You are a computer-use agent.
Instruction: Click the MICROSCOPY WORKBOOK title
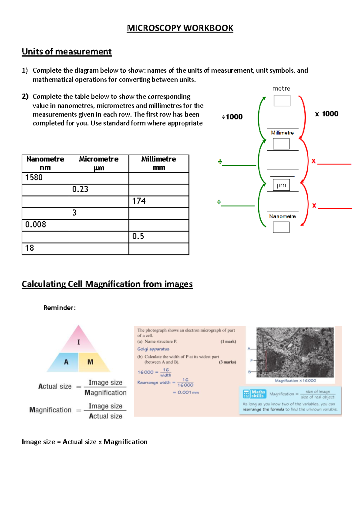(180, 28)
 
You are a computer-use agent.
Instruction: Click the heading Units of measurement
(67, 52)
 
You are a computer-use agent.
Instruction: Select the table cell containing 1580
(45, 178)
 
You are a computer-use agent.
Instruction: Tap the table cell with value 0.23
(99, 189)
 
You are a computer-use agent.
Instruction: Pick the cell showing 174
(159, 201)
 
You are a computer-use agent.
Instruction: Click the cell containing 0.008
(45, 224)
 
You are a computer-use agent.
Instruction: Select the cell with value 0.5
(159, 236)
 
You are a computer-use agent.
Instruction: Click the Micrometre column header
(99, 163)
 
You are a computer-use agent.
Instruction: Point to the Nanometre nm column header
(45, 163)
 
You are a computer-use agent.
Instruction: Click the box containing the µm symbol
(281, 185)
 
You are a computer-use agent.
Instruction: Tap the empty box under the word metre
(282, 101)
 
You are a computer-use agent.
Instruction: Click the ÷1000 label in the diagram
(232, 117)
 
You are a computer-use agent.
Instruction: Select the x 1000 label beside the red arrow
(326, 114)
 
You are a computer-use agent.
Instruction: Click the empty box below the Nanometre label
(281, 227)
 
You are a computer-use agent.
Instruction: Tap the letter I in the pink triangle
(79, 342)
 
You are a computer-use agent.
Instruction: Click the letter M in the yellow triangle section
(90, 362)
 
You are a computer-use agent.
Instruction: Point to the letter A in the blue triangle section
(66, 362)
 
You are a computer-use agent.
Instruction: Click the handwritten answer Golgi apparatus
(153, 349)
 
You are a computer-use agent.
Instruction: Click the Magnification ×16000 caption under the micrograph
(295, 381)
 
